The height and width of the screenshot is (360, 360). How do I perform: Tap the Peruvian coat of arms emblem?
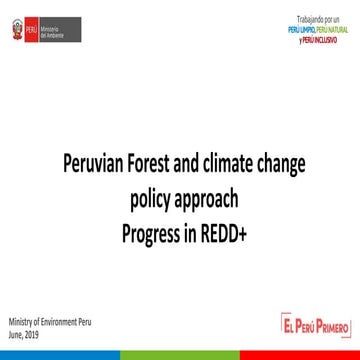[x=15, y=30]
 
